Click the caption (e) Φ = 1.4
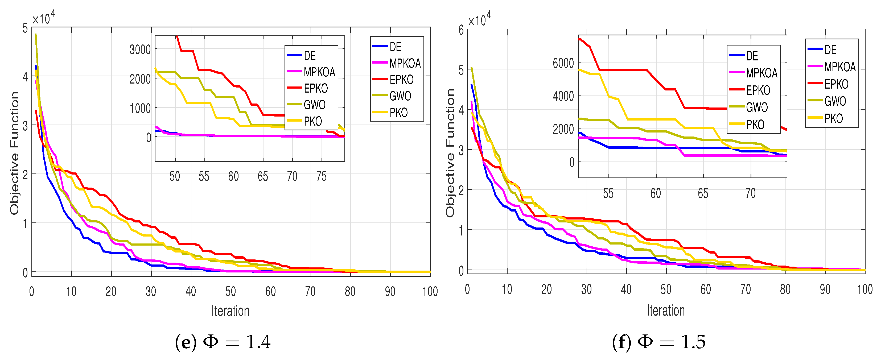223,342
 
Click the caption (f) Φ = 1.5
659,342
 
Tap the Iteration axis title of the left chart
230,311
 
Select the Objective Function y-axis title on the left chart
14,153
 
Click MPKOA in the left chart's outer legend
405,63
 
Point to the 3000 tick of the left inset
140,50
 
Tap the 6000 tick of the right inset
563,63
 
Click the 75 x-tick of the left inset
321,176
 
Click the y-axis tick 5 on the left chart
25,28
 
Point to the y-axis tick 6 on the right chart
461,30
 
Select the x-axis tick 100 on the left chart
430,292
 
